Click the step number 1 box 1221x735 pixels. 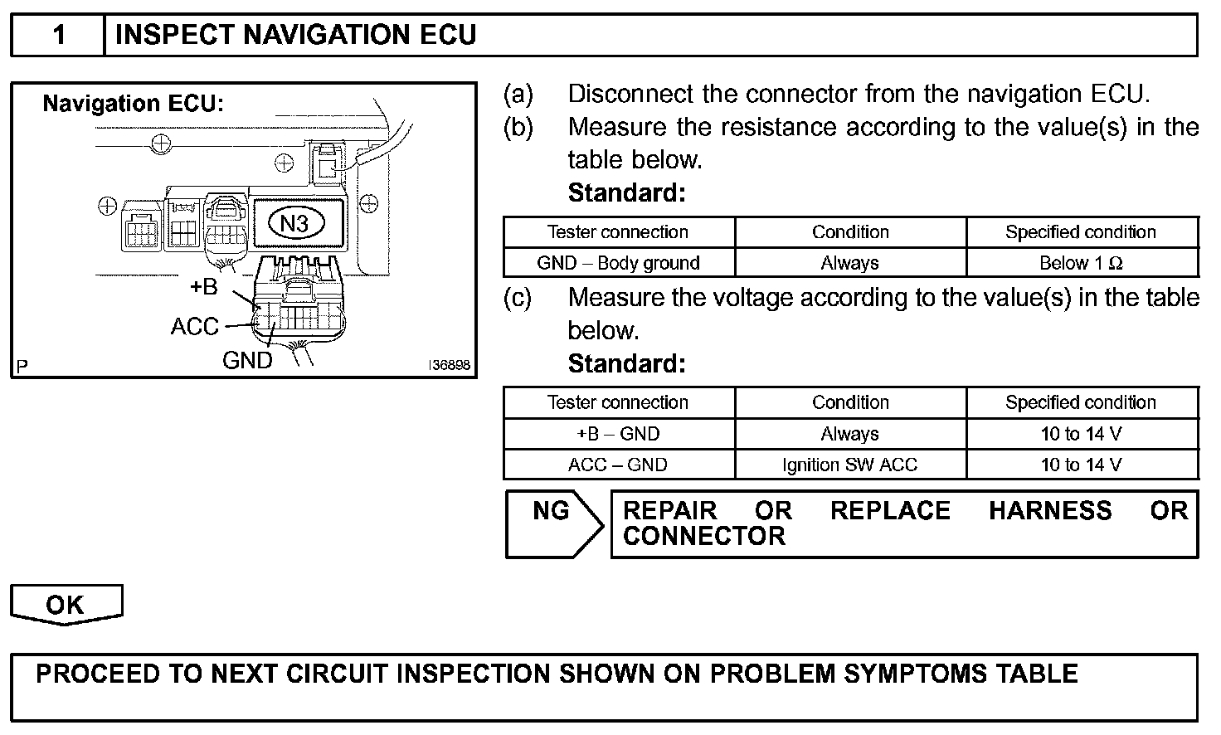tap(58, 35)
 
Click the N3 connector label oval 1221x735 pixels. tap(295, 223)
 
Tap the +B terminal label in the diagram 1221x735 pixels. tap(203, 287)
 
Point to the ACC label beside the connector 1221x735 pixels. tap(194, 327)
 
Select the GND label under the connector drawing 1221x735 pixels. tap(246, 360)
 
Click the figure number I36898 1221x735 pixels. tap(449, 365)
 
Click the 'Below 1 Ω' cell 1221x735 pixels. tap(1081, 263)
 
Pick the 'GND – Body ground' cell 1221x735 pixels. tap(618, 263)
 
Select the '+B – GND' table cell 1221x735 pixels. tap(618, 434)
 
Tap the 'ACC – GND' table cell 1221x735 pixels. tap(618, 465)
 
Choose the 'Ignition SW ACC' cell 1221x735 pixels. tap(849, 465)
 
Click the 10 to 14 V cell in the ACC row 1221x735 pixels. tap(1081, 465)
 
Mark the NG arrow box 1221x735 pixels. tap(552, 523)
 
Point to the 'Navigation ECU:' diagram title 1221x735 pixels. tap(134, 104)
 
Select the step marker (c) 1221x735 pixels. tap(518, 298)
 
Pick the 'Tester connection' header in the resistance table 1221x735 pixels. tap(618, 232)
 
